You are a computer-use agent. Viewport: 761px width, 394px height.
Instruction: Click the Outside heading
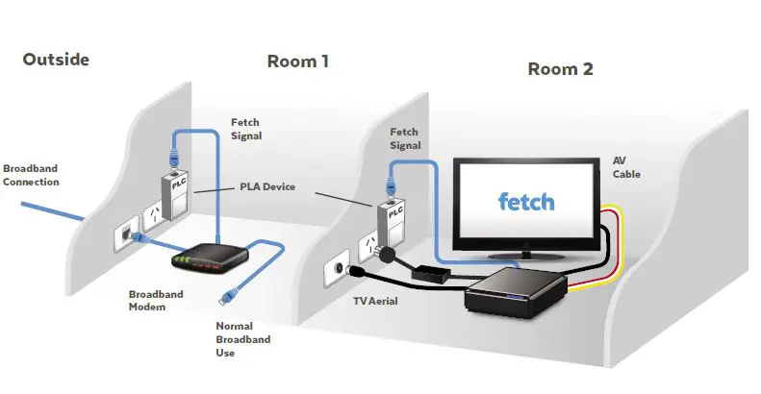(x=57, y=60)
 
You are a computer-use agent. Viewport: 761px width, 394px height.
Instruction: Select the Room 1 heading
(x=297, y=62)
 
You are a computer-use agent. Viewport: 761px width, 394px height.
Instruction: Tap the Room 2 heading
(x=560, y=69)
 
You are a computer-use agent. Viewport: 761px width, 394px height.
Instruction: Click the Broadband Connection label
(x=31, y=174)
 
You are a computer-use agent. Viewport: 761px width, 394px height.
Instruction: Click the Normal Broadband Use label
(x=243, y=338)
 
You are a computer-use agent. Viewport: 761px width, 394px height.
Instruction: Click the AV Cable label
(x=626, y=167)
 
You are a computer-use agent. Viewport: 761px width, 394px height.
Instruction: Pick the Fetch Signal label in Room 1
(x=246, y=129)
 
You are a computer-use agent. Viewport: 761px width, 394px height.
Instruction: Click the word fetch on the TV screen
(x=526, y=202)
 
